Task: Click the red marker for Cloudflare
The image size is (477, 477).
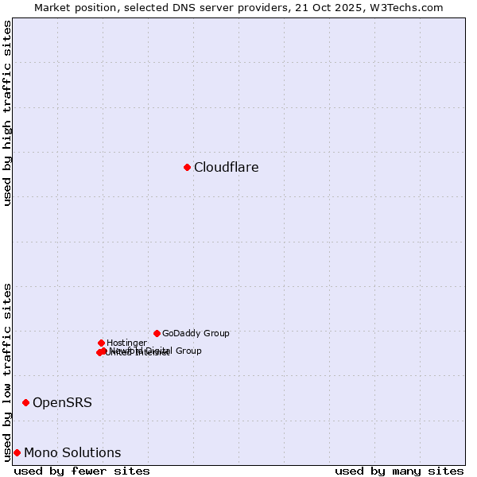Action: [x=187, y=167]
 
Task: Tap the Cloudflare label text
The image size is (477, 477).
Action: [x=227, y=168]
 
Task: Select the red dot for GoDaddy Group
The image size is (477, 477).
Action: [x=157, y=333]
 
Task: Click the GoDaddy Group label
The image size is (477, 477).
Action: [x=196, y=334]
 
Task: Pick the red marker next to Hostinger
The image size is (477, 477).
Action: [x=101, y=343]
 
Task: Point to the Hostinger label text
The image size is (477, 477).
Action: [x=126, y=343]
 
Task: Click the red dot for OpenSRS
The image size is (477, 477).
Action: [x=25, y=402]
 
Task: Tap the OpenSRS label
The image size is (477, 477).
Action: [x=62, y=403]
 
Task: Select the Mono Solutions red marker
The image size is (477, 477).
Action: [x=17, y=452]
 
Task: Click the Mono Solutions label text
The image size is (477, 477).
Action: [x=72, y=453]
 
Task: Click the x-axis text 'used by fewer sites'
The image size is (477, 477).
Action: [x=82, y=471]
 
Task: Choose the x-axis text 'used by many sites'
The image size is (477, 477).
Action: [x=399, y=471]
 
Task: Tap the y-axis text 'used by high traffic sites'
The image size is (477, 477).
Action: [x=7, y=113]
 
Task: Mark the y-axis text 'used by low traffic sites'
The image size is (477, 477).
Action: [x=7, y=371]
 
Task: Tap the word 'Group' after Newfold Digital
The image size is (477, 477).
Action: [x=188, y=351]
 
